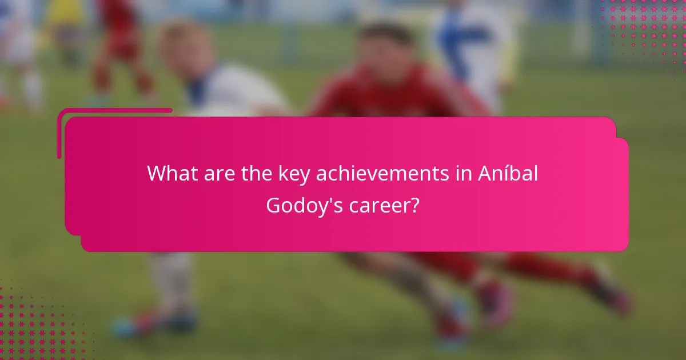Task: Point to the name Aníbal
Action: pos(508,173)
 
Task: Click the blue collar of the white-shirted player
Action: pos(197,91)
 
